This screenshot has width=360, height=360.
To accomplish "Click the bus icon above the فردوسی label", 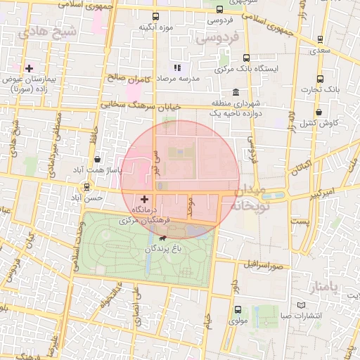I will (220, 9).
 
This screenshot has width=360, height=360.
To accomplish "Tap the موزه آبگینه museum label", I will (156, 27).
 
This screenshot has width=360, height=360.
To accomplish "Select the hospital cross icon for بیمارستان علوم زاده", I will (29, 68).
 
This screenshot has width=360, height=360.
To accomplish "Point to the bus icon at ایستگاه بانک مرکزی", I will (246, 58).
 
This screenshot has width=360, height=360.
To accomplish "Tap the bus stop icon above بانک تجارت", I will (321, 79).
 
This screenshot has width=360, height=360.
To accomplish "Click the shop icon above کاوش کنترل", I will (319, 112).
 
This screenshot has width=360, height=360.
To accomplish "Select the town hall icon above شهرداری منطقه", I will (235, 92).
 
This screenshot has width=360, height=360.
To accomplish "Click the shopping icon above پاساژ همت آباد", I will (96, 160).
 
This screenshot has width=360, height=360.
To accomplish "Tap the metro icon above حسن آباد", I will (86, 187).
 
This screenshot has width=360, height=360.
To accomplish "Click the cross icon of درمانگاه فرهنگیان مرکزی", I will (145, 199).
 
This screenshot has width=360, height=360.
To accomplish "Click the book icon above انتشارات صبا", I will (302, 304).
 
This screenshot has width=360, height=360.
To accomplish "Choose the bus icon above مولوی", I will (237, 309).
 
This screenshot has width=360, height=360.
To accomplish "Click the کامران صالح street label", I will (127, 79).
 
